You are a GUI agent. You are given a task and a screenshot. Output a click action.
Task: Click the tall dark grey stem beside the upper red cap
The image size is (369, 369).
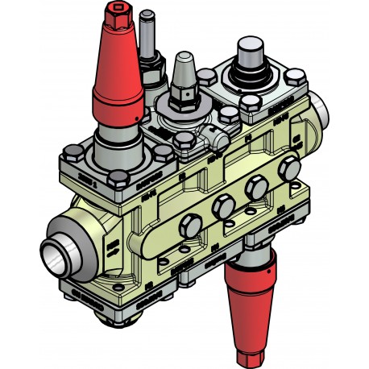[147, 36]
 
